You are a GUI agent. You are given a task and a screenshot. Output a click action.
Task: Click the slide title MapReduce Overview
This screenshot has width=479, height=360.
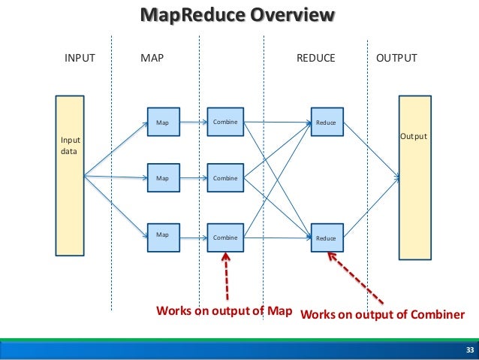point(239,16)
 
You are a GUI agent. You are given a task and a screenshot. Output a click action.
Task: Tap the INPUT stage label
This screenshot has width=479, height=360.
point(80,57)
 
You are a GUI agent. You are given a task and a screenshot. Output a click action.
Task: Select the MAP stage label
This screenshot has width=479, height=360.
point(152,57)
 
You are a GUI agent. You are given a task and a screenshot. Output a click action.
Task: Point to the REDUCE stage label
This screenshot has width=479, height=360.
point(315,57)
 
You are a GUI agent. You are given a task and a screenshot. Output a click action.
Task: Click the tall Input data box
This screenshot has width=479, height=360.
point(71,174)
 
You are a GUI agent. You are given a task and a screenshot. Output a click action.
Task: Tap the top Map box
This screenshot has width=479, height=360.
point(162,121)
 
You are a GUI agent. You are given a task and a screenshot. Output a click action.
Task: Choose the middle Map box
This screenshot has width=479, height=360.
point(162,178)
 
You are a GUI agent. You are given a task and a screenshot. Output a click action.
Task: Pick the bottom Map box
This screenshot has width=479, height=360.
point(162,236)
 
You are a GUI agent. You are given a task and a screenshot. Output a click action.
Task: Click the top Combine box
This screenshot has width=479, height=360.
point(224,121)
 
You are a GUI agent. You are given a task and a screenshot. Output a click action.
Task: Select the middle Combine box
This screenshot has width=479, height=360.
point(224,178)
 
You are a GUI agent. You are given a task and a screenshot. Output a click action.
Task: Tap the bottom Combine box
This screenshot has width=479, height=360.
point(224,237)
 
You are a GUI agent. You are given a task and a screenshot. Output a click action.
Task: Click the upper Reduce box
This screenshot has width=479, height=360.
point(327,122)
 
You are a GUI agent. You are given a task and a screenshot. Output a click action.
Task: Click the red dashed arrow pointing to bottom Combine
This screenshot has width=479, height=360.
point(226,278)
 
